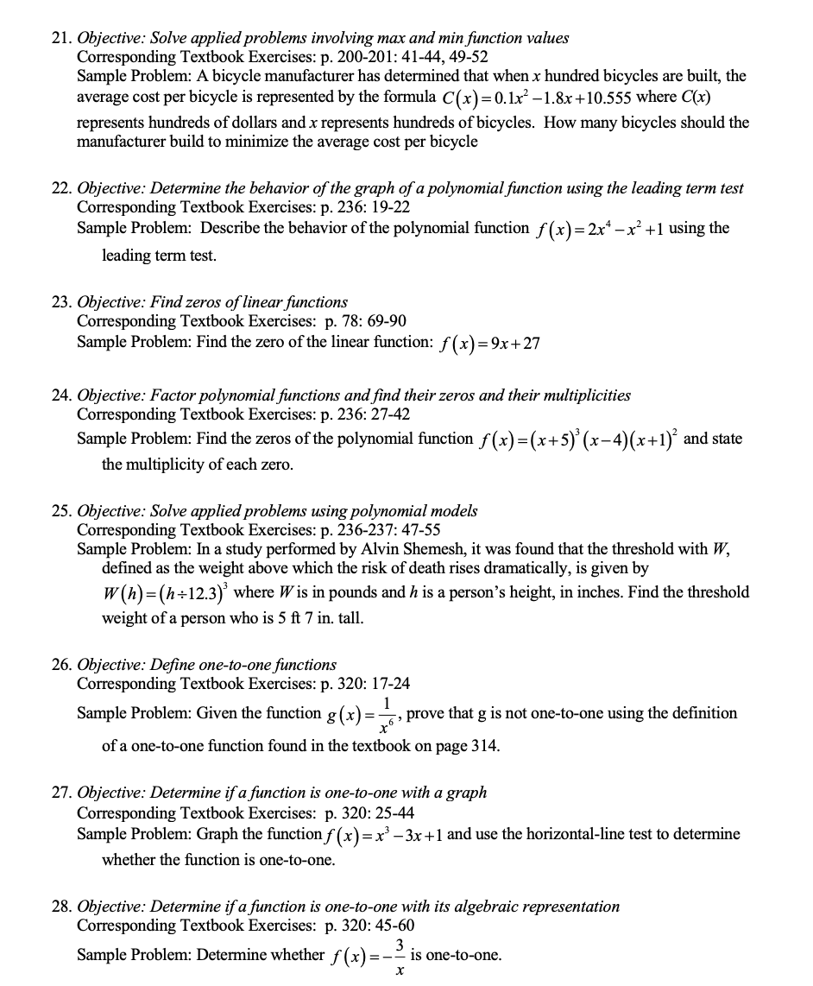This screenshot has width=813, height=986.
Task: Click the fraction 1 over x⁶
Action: pyautogui.click(x=389, y=714)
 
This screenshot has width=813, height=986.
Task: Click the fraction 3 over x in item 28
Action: pyautogui.click(x=399, y=957)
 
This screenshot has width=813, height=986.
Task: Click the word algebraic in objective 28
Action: pyautogui.click(x=449, y=907)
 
